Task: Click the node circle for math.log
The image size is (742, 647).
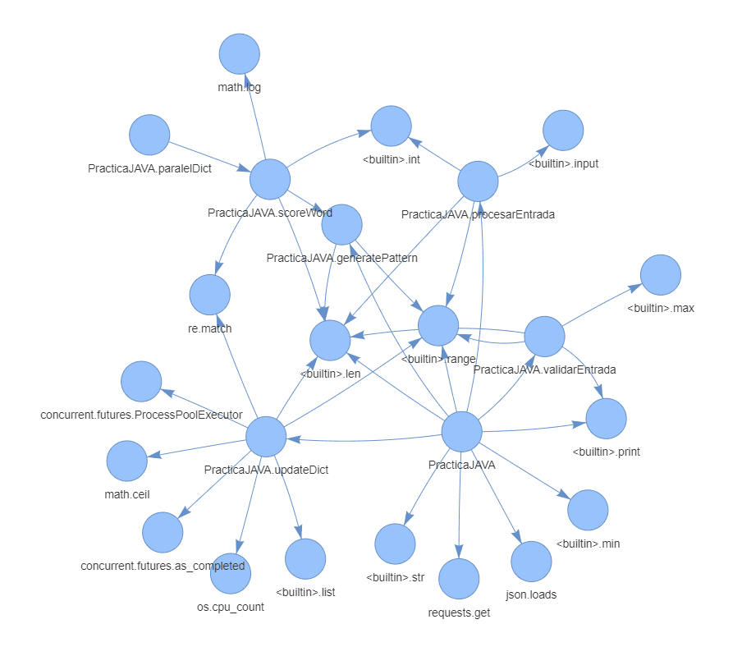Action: click(x=240, y=54)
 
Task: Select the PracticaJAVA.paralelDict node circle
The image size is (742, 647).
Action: click(x=149, y=135)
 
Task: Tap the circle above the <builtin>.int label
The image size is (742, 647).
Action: click(x=391, y=126)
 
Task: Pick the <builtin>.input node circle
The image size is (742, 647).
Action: click(x=563, y=130)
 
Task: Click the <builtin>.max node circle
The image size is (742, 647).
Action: click(x=661, y=275)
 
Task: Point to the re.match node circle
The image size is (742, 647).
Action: click(x=209, y=295)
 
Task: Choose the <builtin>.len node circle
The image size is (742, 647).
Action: click(x=330, y=341)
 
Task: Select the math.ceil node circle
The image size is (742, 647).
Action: click(x=127, y=461)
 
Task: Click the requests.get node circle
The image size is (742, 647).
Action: click(x=459, y=579)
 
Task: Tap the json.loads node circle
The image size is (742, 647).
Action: click(x=531, y=562)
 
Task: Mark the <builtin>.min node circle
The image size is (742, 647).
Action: click(x=588, y=510)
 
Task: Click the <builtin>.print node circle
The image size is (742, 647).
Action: click(x=606, y=418)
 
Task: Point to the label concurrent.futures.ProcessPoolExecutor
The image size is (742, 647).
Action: click(x=141, y=415)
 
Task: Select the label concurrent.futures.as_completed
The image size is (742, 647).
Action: click(x=163, y=567)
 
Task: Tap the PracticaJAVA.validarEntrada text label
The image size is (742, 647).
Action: click(x=544, y=369)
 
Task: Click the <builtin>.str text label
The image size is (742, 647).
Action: click(x=395, y=577)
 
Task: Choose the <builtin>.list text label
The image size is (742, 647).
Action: click(x=305, y=592)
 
